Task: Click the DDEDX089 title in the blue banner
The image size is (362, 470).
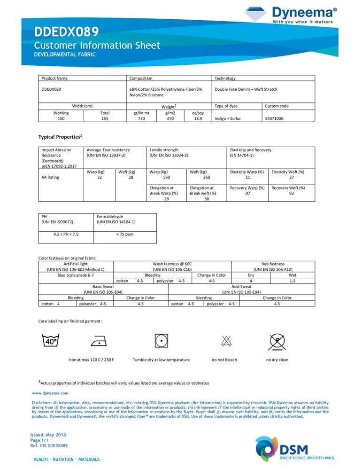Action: [66, 32]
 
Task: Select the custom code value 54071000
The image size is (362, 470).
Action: [274, 119]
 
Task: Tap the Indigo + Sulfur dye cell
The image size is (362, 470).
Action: [228, 119]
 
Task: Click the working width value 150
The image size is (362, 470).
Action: [61, 119]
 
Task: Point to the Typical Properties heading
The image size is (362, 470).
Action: [60, 137]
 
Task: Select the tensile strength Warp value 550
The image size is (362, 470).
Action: [166, 178]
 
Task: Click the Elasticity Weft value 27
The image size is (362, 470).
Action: [292, 178]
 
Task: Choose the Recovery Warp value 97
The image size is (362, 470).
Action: [248, 194]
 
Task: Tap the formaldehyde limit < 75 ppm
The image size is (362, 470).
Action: [125, 234]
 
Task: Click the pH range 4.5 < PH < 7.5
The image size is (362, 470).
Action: [66, 234]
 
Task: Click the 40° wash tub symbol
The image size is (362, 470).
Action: [50, 340]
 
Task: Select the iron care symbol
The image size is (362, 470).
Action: [98, 341]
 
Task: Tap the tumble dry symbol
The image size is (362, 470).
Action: [161, 341]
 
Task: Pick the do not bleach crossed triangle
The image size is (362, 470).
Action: [224, 341]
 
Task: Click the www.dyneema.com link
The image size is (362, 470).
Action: [50, 393]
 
